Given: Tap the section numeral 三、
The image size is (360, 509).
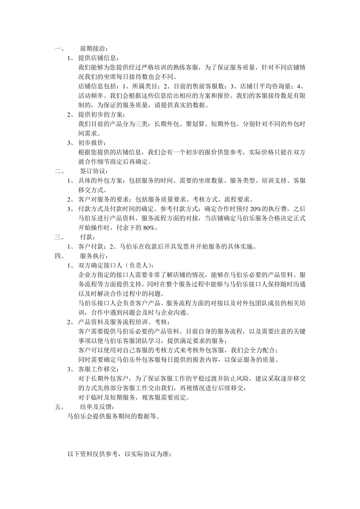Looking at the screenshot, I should coord(59,237).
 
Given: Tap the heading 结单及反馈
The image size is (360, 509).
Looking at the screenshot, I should coord(94,407).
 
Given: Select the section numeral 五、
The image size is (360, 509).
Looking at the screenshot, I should coord(59,407).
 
